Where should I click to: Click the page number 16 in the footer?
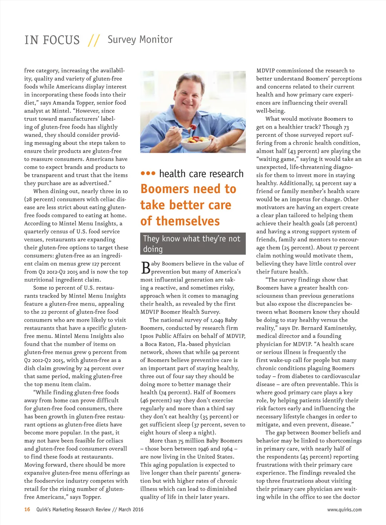pos(27,510)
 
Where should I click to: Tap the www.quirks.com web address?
pos(344,510)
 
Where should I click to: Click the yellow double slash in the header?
pos(93,40)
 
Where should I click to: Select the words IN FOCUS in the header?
pos(52,40)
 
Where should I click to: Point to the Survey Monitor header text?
pos(140,39)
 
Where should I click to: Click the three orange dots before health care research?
pos(148,173)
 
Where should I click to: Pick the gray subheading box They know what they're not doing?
pos(193,244)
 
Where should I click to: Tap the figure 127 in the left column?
pos(95,264)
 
